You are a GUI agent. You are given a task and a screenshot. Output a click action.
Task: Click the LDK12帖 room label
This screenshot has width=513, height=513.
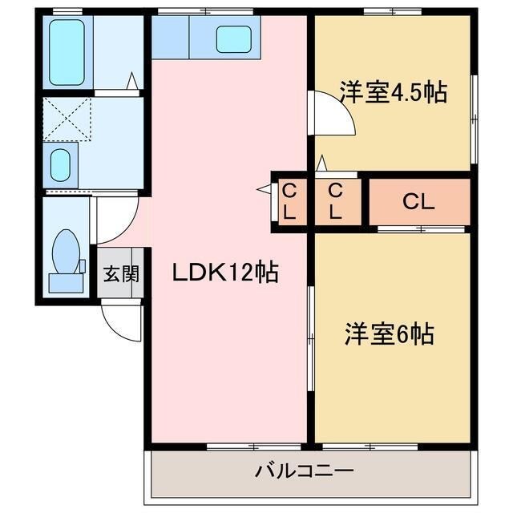(x=225, y=273)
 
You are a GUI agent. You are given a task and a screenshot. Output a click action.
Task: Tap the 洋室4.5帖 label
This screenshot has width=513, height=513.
(x=392, y=91)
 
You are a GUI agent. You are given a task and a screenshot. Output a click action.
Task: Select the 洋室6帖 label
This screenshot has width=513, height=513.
(x=390, y=333)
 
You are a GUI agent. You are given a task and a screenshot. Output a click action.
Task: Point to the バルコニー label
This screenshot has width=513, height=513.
(x=305, y=470)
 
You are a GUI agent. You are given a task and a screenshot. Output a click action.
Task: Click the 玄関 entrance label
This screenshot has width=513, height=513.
(x=121, y=273)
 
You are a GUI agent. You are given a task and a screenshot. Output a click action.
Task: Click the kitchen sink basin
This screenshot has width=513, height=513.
(x=234, y=38)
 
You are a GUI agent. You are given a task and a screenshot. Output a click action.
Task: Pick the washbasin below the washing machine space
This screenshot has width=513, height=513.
(x=61, y=165)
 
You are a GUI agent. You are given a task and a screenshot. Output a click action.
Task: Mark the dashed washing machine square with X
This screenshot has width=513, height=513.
(x=67, y=119)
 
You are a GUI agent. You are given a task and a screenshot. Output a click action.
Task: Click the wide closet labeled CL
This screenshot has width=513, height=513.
(x=418, y=202)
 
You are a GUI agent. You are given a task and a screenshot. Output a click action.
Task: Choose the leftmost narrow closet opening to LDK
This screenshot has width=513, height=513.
(x=291, y=201)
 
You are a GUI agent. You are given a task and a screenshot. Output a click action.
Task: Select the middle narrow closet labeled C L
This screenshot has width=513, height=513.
(x=335, y=201)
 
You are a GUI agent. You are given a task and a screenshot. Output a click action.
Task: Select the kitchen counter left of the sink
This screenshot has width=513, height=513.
(x=170, y=38)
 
